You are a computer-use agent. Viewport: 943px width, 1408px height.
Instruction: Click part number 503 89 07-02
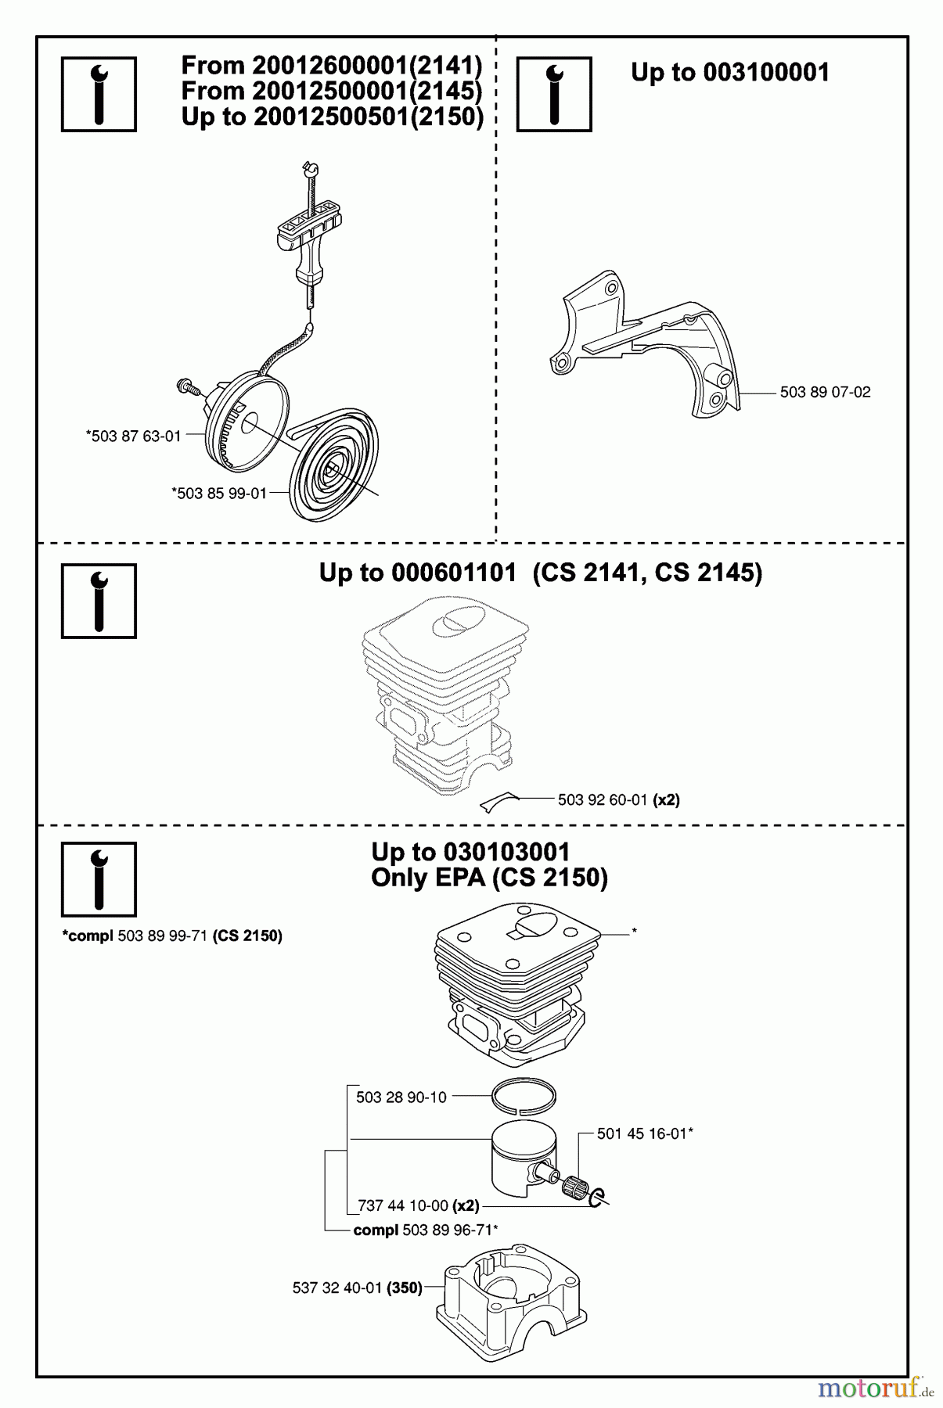[x=825, y=393]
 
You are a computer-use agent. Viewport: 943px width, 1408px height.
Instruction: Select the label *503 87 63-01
[x=134, y=436]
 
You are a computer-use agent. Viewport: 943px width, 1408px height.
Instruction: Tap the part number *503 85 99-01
[x=219, y=494]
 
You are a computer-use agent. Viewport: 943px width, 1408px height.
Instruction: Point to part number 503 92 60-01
[x=603, y=799]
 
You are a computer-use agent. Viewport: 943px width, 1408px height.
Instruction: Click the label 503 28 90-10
[x=401, y=1097]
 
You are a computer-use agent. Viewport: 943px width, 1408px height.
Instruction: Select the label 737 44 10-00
[x=403, y=1206]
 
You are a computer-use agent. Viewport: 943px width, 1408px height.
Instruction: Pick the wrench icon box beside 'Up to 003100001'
[x=554, y=95]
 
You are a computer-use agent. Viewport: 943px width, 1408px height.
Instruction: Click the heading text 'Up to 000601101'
[x=417, y=573]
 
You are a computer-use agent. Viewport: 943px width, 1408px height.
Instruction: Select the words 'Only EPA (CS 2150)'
[x=489, y=878]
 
